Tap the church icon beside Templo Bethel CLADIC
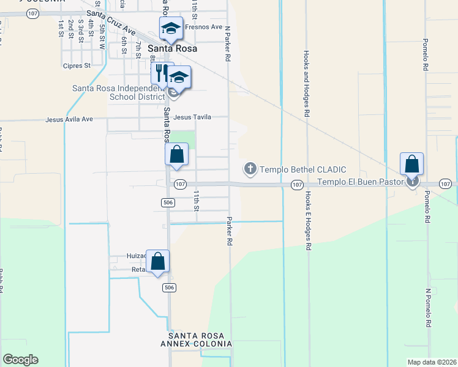pos(250,168)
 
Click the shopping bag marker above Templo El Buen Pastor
pos(412,165)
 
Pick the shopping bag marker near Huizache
pos(157,262)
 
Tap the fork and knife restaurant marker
pos(162,74)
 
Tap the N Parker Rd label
pos(227,43)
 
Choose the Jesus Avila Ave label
pos(69,119)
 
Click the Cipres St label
pos(77,65)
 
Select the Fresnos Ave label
pos(204,27)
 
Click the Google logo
pos(21,360)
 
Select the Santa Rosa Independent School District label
pos(118,92)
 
